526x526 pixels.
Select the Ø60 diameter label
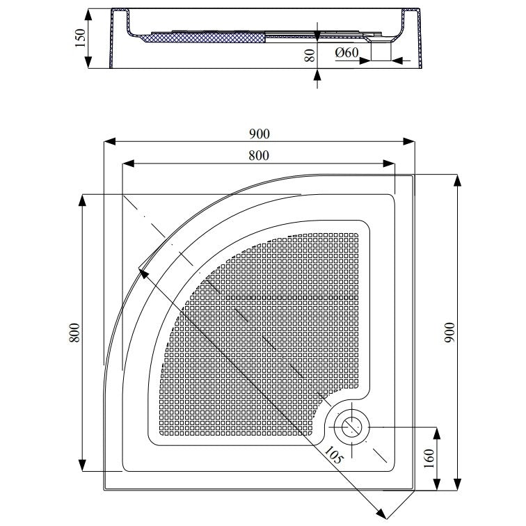pyautogui.click(x=346, y=52)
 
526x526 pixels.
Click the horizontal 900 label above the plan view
pyautogui.click(x=259, y=134)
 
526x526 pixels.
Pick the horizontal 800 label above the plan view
pyautogui.click(x=259, y=156)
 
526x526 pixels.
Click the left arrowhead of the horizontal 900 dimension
pyautogui.click(x=107, y=142)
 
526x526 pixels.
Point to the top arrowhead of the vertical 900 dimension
pyautogui.click(x=457, y=180)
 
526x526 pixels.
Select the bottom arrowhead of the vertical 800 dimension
pyautogui.click(x=82, y=465)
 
